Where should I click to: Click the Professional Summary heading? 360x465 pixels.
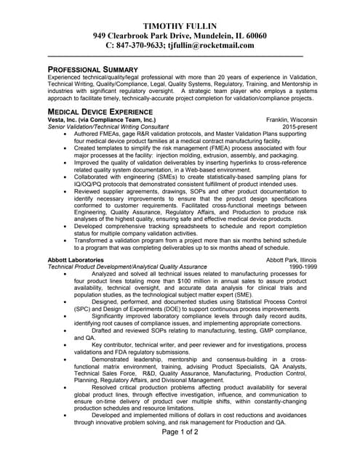click(x=92, y=69)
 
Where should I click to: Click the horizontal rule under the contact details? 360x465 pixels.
click(x=175, y=56)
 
